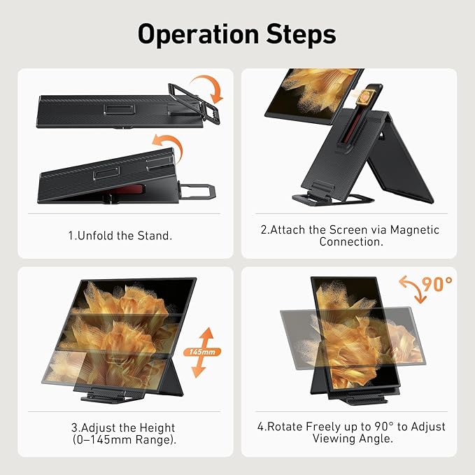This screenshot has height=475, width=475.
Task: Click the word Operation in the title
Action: coord(199,34)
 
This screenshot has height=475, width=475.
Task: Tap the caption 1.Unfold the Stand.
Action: coord(120,236)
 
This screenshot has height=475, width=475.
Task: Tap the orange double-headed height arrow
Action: coord(201,352)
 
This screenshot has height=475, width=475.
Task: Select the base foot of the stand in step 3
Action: coord(113,395)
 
